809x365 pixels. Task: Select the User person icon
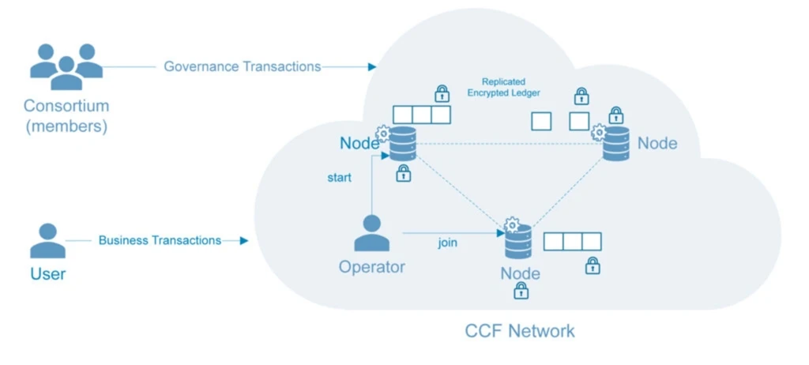pos(47,241)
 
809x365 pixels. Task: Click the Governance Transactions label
pos(243,66)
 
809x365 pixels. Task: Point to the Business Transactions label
pos(160,240)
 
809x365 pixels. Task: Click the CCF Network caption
pos(519,329)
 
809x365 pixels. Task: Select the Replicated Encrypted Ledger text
pos(503,87)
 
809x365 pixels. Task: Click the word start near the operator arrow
pos(340,178)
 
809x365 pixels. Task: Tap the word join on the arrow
pos(448,243)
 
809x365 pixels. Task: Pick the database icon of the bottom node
pos(518,243)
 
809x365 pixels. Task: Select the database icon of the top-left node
pos(401,143)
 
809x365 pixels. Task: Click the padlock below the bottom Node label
pos(521,292)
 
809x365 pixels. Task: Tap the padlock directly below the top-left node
pos(403,174)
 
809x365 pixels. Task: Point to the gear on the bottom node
pos(511,224)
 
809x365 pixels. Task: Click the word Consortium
pos(66,106)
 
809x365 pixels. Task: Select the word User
pos(47,275)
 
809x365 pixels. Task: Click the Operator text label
pos(371,267)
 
